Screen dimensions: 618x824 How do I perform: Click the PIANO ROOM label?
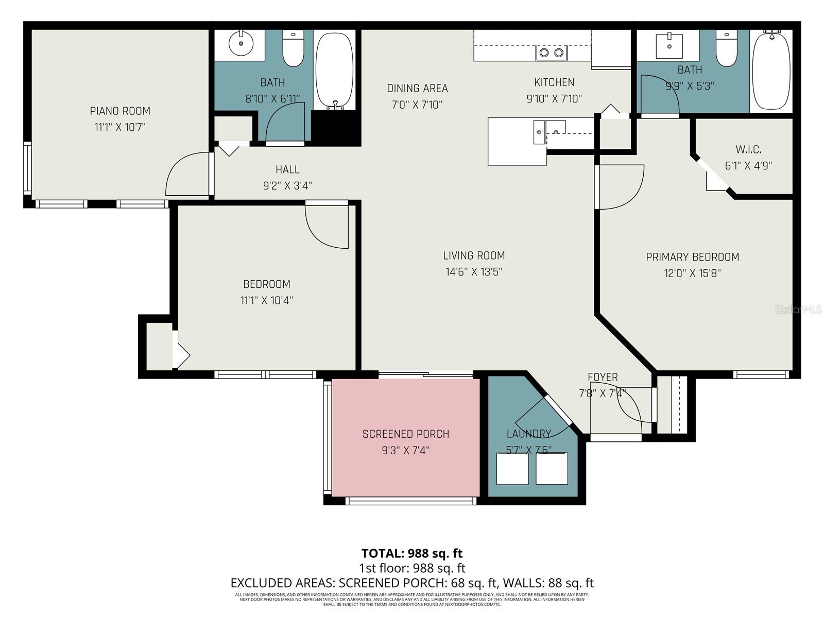(120, 111)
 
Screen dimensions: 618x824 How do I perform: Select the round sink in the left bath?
(241, 43)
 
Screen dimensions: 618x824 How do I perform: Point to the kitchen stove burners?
(551, 53)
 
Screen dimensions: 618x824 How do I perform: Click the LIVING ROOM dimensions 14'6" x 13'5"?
(474, 272)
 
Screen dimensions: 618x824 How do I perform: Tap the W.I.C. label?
(748, 149)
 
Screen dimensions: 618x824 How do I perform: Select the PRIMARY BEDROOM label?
(692, 257)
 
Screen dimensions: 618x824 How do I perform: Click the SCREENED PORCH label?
(406, 434)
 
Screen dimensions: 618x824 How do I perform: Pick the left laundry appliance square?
(512, 469)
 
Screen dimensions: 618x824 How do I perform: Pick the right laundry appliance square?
(552, 469)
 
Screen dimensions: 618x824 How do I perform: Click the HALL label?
(287, 169)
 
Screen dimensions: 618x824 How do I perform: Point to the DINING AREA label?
(417, 88)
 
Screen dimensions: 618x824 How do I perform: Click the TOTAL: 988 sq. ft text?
(412, 554)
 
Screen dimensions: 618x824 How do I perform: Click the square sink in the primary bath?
(669, 46)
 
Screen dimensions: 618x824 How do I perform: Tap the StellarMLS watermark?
(798, 310)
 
